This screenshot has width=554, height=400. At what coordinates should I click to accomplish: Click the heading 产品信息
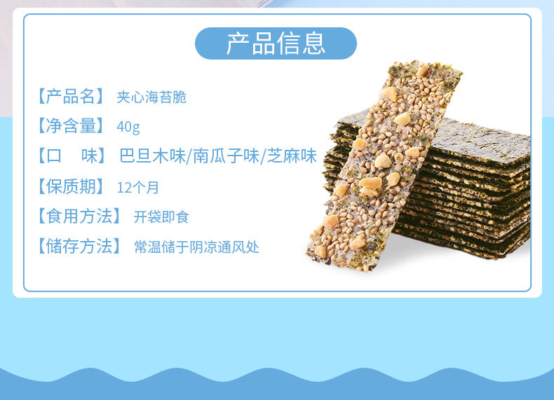(x=276, y=43)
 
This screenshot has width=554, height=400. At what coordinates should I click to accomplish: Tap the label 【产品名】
(x=71, y=97)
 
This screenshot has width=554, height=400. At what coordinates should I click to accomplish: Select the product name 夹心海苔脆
(x=151, y=97)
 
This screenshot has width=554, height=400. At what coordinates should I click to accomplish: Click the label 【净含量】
(x=71, y=125)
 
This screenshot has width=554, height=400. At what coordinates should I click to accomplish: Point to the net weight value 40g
(x=128, y=126)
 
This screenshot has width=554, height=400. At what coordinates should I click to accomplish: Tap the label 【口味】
(x=72, y=156)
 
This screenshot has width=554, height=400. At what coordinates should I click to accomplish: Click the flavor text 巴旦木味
(x=152, y=156)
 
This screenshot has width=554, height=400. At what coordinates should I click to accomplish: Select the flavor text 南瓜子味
(x=226, y=156)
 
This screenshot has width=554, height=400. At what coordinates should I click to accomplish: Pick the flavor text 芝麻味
(x=292, y=156)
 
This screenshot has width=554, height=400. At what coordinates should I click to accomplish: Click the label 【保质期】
(x=71, y=186)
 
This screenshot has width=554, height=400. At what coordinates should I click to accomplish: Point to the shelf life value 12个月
(x=137, y=188)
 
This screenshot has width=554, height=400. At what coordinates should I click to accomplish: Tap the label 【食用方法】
(x=79, y=216)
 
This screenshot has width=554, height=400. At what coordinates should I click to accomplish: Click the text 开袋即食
(x=161, y=217)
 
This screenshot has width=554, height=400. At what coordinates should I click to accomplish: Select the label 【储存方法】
(x=79, y=246)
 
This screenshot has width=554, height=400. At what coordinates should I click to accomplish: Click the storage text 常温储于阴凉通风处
(x=196, y=247)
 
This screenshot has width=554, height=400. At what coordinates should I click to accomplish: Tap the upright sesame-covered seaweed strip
(x=384, y=166)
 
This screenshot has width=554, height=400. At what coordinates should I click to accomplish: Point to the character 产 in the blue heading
(x=238, y=43)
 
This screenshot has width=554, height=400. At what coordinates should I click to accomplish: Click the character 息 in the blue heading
(x=313, y=43)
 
